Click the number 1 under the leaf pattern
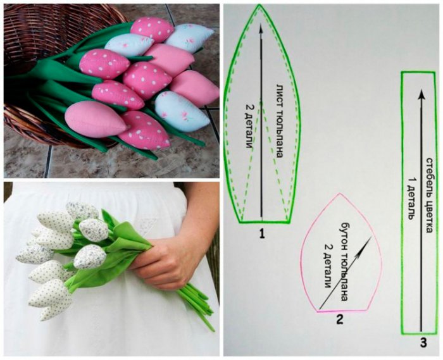click(262, 234)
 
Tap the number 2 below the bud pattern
click(339, 320)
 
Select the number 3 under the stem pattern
click(423, 343)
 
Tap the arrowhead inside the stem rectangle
click(421, 94)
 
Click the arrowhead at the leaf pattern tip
click(261, 28)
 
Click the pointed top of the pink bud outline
click(340, 194)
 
